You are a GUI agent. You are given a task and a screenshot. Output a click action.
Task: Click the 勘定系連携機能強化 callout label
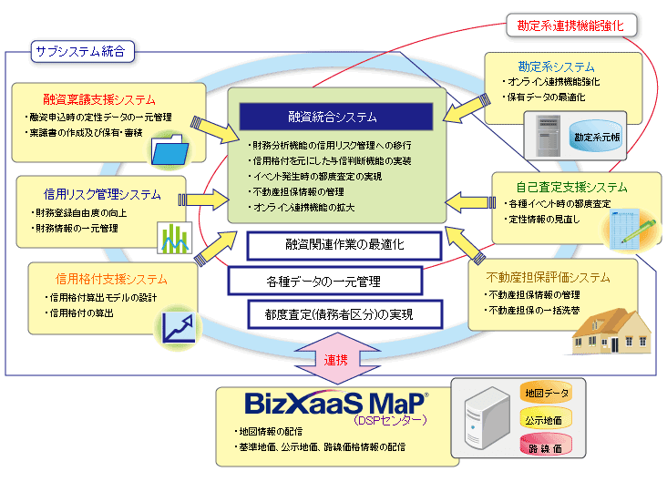(x=571, y=26)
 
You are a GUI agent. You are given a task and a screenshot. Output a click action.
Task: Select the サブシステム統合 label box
(x=81, y=52)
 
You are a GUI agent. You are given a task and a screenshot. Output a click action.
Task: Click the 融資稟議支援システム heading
(x=98, y=99)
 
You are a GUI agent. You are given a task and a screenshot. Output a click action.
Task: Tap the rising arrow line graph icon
(x=179, y=327)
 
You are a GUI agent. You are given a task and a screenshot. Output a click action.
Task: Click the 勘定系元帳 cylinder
(x=598, y=137)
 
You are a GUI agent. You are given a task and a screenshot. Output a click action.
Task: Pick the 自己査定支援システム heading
(x=571, y=187)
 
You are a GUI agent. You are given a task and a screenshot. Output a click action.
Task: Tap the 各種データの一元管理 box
(x=324, y=281)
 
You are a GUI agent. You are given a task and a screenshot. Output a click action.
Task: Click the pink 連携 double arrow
(x=333, y=360)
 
